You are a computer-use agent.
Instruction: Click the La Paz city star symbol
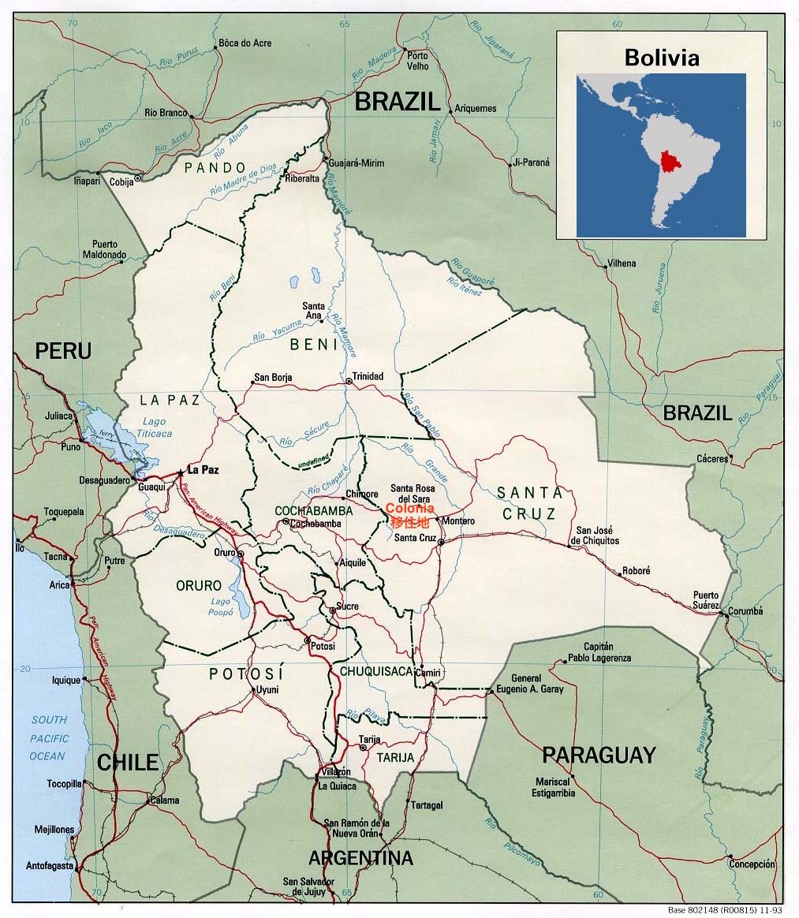(x=181, y=471)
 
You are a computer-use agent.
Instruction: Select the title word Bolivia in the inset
(x=661, y=58)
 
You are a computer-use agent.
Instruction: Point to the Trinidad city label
(x=368, y=376)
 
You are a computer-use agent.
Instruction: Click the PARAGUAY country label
(x=599, y=755)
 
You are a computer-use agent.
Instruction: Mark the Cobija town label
(x=121, y=181)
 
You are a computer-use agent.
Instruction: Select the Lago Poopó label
(x=220, y=607)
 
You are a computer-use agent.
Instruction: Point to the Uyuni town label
(x=266, y=690)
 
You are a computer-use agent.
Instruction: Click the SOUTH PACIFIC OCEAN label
(x=49, y=738)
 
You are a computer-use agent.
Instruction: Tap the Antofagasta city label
(x=50, y=865)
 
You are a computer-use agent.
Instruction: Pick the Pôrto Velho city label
(x=417, y=61)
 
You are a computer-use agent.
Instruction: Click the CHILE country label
(x=128, y=763)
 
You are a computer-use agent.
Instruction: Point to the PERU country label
(x=62, y=350)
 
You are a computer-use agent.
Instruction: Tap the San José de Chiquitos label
(x=597, y=535)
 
